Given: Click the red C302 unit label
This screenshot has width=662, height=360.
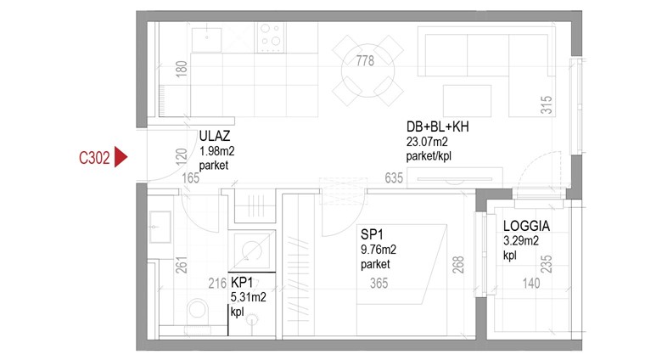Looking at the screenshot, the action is (x=94, y=158).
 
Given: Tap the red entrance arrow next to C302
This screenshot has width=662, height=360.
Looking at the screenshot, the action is (x=121, y=158).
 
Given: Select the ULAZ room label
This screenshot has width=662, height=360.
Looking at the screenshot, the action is (x=215, y=136).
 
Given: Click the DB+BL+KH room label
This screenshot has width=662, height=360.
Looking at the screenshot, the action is (x=437, y=127).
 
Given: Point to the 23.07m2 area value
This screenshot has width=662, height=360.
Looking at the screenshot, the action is (x=427, y=142).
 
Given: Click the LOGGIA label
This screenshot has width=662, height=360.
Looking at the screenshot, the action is (x=526, y=226).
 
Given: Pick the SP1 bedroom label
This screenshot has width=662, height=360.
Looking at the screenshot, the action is (x=372, y=234).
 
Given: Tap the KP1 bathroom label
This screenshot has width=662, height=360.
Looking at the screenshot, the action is (x=242, y=282).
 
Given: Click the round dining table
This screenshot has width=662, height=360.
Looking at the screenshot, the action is (x=367, y=70).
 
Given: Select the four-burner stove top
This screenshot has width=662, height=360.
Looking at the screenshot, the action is (x=271, y=37).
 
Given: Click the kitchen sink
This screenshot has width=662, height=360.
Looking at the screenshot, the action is (x=206, y=40).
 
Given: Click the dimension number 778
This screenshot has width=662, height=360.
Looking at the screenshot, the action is (x=365, y=61).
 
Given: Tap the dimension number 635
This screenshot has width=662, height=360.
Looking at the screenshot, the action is (x=394, y=178).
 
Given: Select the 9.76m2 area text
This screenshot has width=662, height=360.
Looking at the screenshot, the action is (x=379, y=250).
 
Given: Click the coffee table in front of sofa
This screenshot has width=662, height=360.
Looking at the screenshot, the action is (x=467, y=101).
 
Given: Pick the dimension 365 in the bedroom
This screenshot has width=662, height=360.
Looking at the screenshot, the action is (x=379, y=283).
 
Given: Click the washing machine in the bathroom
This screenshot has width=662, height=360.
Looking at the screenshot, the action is (x=252, y=251).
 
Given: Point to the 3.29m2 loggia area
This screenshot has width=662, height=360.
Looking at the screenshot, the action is (x=521, y=241).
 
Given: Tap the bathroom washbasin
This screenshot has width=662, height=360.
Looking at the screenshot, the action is (x=160, y=227).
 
